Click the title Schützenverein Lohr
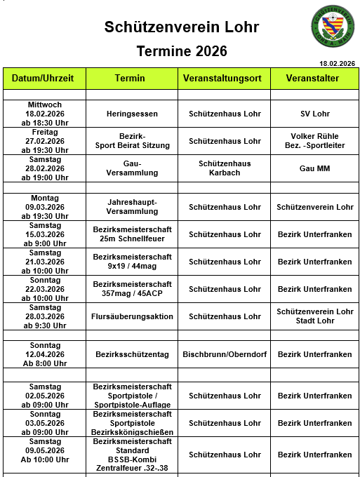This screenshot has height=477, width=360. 182,27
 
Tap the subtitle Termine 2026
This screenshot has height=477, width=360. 182,51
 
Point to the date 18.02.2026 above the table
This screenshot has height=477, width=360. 337,64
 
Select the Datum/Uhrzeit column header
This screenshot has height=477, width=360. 48,79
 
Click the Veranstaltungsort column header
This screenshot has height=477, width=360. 225,79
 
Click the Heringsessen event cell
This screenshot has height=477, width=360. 133,114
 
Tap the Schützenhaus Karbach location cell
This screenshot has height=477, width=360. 225,168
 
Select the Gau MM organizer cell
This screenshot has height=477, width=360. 314,168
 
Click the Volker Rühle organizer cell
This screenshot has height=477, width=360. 314,141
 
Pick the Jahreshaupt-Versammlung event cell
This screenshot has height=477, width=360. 133,207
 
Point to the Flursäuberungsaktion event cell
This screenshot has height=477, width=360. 133,316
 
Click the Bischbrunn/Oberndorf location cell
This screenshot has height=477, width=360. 225,355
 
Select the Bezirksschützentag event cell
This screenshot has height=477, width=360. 133,355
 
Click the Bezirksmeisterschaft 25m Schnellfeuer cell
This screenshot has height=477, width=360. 133,234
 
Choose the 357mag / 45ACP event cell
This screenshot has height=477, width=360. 133,289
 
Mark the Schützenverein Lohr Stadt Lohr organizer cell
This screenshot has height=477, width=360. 315,316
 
